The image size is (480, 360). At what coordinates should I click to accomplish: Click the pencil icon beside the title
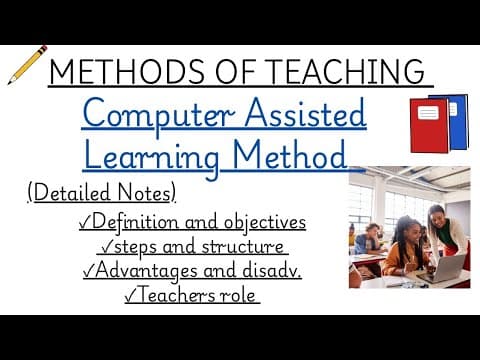tap(28, 64)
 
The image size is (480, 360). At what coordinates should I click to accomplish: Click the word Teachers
tap(184, 296)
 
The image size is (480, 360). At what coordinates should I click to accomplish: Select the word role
tap(241, 296)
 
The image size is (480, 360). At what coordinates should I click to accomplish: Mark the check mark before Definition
tap(83, 222)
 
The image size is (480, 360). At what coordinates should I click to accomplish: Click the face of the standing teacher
tap(437, 216)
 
